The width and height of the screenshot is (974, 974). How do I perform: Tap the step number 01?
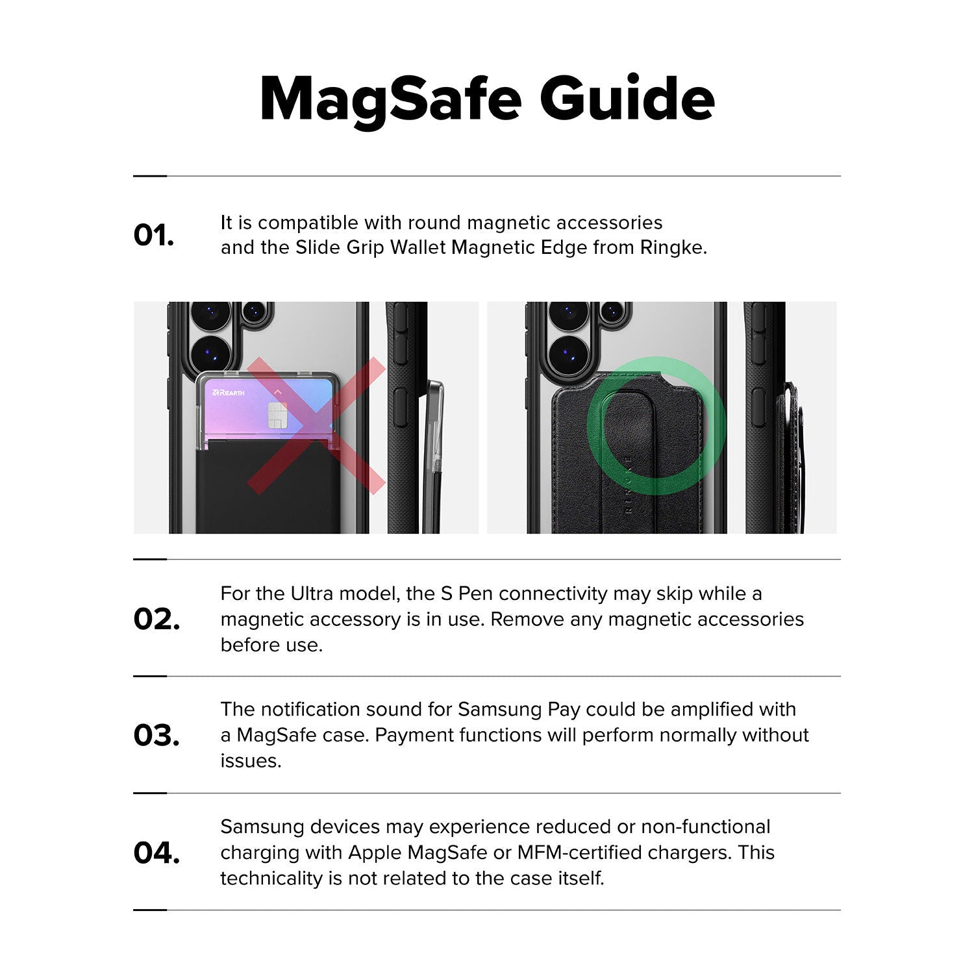tap(154, 235)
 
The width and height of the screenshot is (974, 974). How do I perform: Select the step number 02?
tap(156, 619)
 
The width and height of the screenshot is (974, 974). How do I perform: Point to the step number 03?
tap(156, 735)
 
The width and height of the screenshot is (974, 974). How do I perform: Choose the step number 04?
tap(156, 853)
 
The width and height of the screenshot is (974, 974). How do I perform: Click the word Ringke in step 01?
tap(671, 248)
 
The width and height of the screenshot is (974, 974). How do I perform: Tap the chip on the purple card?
tap(277, 415)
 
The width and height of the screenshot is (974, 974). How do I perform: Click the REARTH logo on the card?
tap(228, 393)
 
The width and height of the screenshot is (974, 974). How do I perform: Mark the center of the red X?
tap(316, 425)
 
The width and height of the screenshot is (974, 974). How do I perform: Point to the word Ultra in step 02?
tap(312, 593)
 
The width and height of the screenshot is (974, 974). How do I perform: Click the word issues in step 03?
tap(250, 760)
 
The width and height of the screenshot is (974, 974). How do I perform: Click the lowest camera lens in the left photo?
tap(210, 355)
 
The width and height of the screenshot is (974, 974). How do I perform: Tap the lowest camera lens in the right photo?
tap(569, 355)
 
